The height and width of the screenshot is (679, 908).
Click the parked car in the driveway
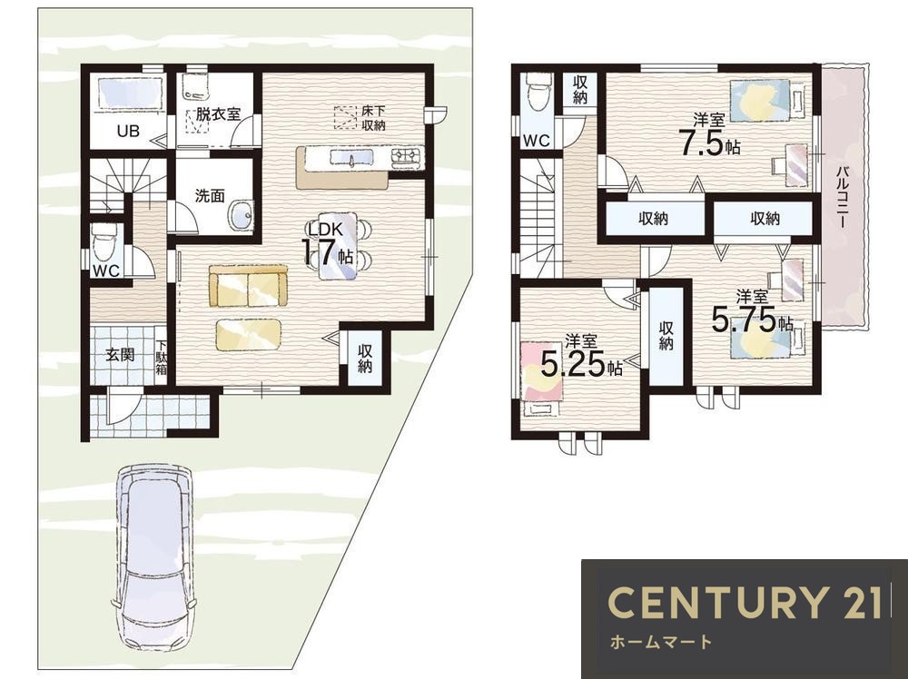click(154, 558)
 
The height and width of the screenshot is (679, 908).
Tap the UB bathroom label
click(128, 131)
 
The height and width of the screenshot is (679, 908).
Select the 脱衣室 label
click(218, 113)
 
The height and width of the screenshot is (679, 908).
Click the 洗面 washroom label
click(210, 196)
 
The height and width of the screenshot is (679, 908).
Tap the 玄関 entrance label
click(120, 354)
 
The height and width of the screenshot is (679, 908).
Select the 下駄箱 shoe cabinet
click(161, 357)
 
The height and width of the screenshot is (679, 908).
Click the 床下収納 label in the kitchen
click(373, 117)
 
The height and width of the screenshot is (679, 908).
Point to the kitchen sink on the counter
click(352, 157)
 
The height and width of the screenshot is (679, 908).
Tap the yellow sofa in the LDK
click(249, 286)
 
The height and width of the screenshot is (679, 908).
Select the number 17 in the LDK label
click(319, 251)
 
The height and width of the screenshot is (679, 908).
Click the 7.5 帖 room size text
click(710, 143)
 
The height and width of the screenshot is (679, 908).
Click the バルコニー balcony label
click(844, 196)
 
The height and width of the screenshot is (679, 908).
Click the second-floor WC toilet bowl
click(537, 93)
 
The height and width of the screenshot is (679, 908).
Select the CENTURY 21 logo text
click(745, 601)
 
